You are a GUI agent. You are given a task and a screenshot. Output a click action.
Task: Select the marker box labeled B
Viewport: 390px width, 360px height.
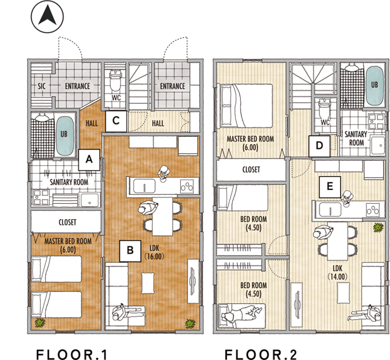pos(130,250)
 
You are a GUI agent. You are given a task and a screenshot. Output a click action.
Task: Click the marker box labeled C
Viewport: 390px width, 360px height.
pos(116,121)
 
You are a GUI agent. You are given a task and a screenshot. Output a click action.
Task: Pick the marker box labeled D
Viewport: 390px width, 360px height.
pos(319,145)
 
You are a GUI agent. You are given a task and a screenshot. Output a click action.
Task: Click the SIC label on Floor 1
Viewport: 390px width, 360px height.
pos(41,87)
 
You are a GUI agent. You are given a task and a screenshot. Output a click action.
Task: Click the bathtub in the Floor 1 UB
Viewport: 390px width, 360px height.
pos(64,136)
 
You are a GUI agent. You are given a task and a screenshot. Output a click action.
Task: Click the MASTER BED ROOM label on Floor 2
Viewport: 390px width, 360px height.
pos(250,142)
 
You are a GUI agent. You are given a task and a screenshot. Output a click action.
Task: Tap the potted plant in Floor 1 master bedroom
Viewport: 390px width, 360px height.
pos(40,323)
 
